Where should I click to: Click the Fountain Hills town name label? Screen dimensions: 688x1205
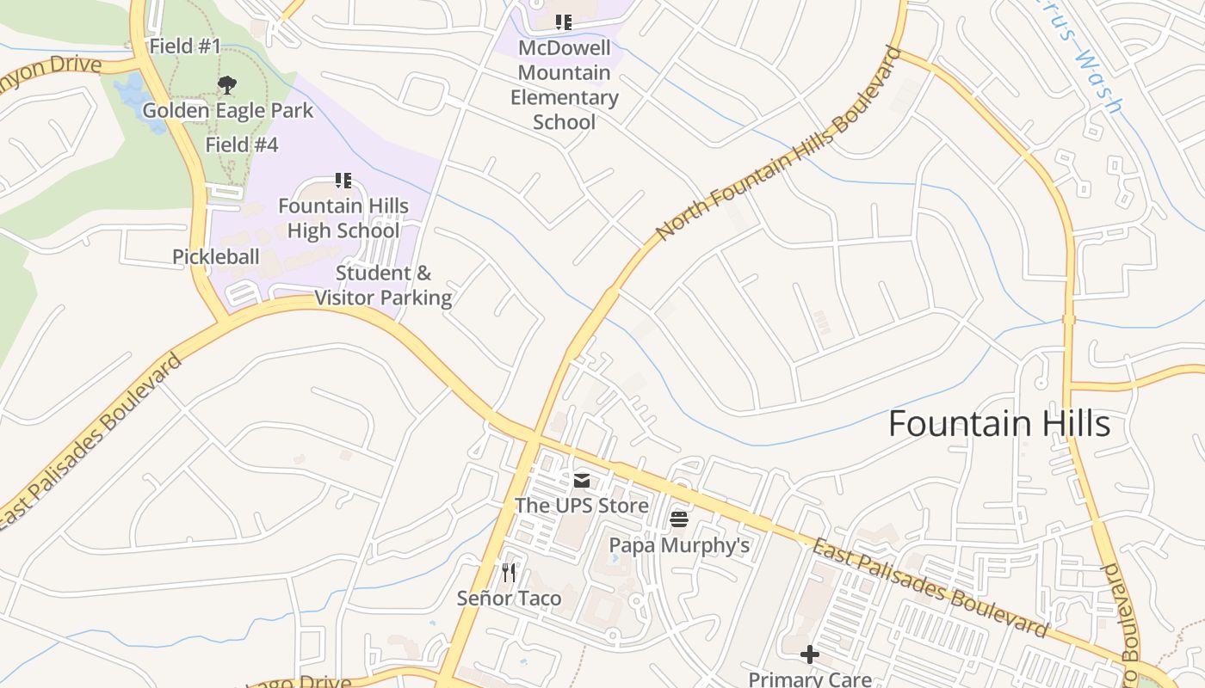coord(998,424)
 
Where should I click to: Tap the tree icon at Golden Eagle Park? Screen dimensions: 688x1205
coord(227,84)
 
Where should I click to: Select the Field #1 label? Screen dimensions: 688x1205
coord(185,46)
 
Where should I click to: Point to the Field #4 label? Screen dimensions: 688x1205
coord(241,144)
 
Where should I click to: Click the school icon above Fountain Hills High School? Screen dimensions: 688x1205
coord(343,181)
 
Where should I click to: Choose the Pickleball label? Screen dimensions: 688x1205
coord(215,256)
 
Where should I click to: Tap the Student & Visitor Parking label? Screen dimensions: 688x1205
coord(383,286)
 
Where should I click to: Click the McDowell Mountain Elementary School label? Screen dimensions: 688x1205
coord(564,84)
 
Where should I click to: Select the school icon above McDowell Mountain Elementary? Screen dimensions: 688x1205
coord(563,21)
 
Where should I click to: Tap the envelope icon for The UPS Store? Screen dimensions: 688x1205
coord(582,480)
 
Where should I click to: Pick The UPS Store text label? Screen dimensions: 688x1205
coord(582,506)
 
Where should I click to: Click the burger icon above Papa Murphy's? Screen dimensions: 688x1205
coord(679,519)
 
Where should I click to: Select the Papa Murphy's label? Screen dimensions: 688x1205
coord(679,545)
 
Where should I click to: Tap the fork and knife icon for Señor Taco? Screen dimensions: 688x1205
coord(509,572)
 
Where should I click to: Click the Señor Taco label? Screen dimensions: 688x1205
coord(509,599)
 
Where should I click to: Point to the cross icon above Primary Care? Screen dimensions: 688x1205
coord(809,654)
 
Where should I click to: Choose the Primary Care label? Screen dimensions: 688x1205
coord(809,679)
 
